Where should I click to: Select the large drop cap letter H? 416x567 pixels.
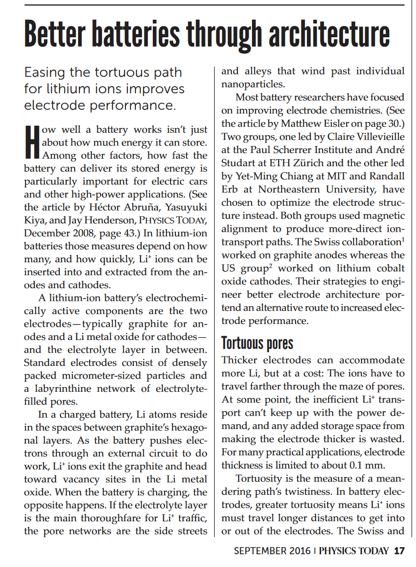[x=31, y=142]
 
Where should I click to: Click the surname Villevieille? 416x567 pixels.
[x=373, y=137]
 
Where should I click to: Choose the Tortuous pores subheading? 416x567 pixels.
[x=257, y=343]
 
